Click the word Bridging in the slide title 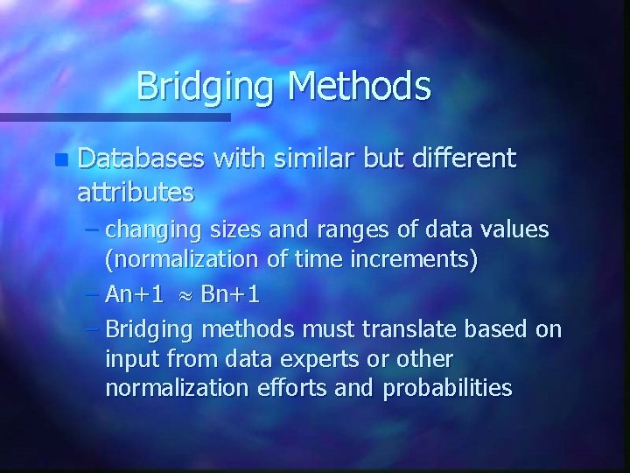(x=206, y=87)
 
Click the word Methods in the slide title (x=359, y=87)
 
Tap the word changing (x=153, y=231)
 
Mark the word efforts (x=299, y=389)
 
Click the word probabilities (x=447, y=389)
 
